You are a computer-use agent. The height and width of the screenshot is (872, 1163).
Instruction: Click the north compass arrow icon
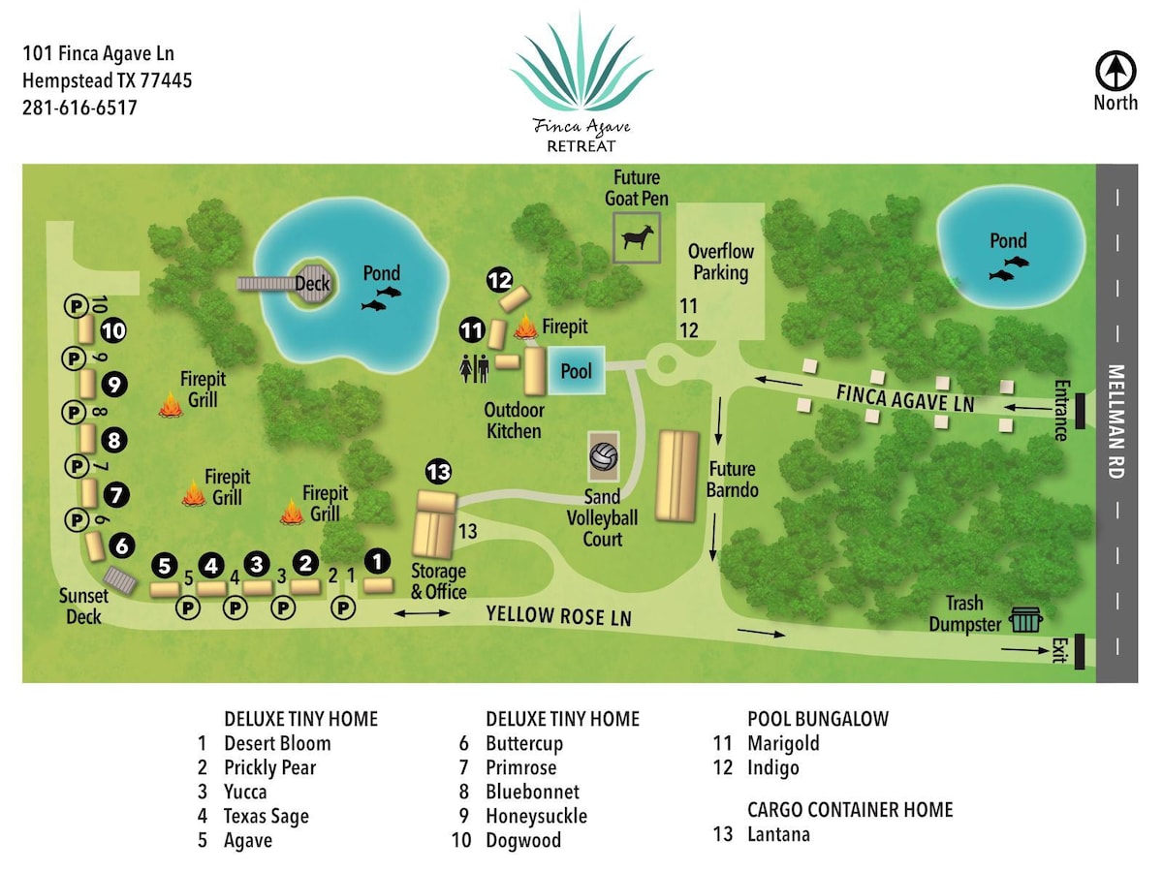pos(1116,71)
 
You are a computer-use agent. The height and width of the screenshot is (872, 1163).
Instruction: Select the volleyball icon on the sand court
pos(604,456)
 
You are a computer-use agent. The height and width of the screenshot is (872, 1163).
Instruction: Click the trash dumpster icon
pos(1025,619)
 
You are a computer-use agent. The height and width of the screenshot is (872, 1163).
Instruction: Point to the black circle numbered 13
pos(439,471)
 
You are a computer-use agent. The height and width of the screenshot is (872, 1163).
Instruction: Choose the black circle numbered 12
pos(500,280)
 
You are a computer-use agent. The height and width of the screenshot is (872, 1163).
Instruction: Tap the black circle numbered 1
pos(377,561)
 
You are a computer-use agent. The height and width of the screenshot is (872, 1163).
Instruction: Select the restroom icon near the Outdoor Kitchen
pos(474,368)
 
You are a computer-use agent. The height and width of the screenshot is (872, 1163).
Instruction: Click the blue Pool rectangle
pos(576,371)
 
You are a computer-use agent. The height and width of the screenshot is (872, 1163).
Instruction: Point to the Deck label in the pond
pos(312,284)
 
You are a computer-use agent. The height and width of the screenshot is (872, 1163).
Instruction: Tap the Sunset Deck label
pos(83,607)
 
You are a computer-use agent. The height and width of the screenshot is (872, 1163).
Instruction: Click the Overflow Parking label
pos(721,262)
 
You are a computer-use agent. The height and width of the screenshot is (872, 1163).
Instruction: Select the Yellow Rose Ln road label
pos(559,616)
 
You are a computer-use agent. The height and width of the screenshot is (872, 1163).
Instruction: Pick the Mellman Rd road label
pos(1116,421)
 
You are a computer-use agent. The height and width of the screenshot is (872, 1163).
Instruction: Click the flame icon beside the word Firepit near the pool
pos(525,327)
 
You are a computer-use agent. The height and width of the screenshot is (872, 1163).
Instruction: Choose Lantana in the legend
pos(778,834)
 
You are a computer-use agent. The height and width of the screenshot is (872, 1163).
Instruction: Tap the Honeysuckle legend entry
pos(536,816)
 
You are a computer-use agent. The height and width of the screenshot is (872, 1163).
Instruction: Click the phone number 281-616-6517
pos(79,108)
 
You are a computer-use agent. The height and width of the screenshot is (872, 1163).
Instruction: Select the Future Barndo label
pos(733,480)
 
